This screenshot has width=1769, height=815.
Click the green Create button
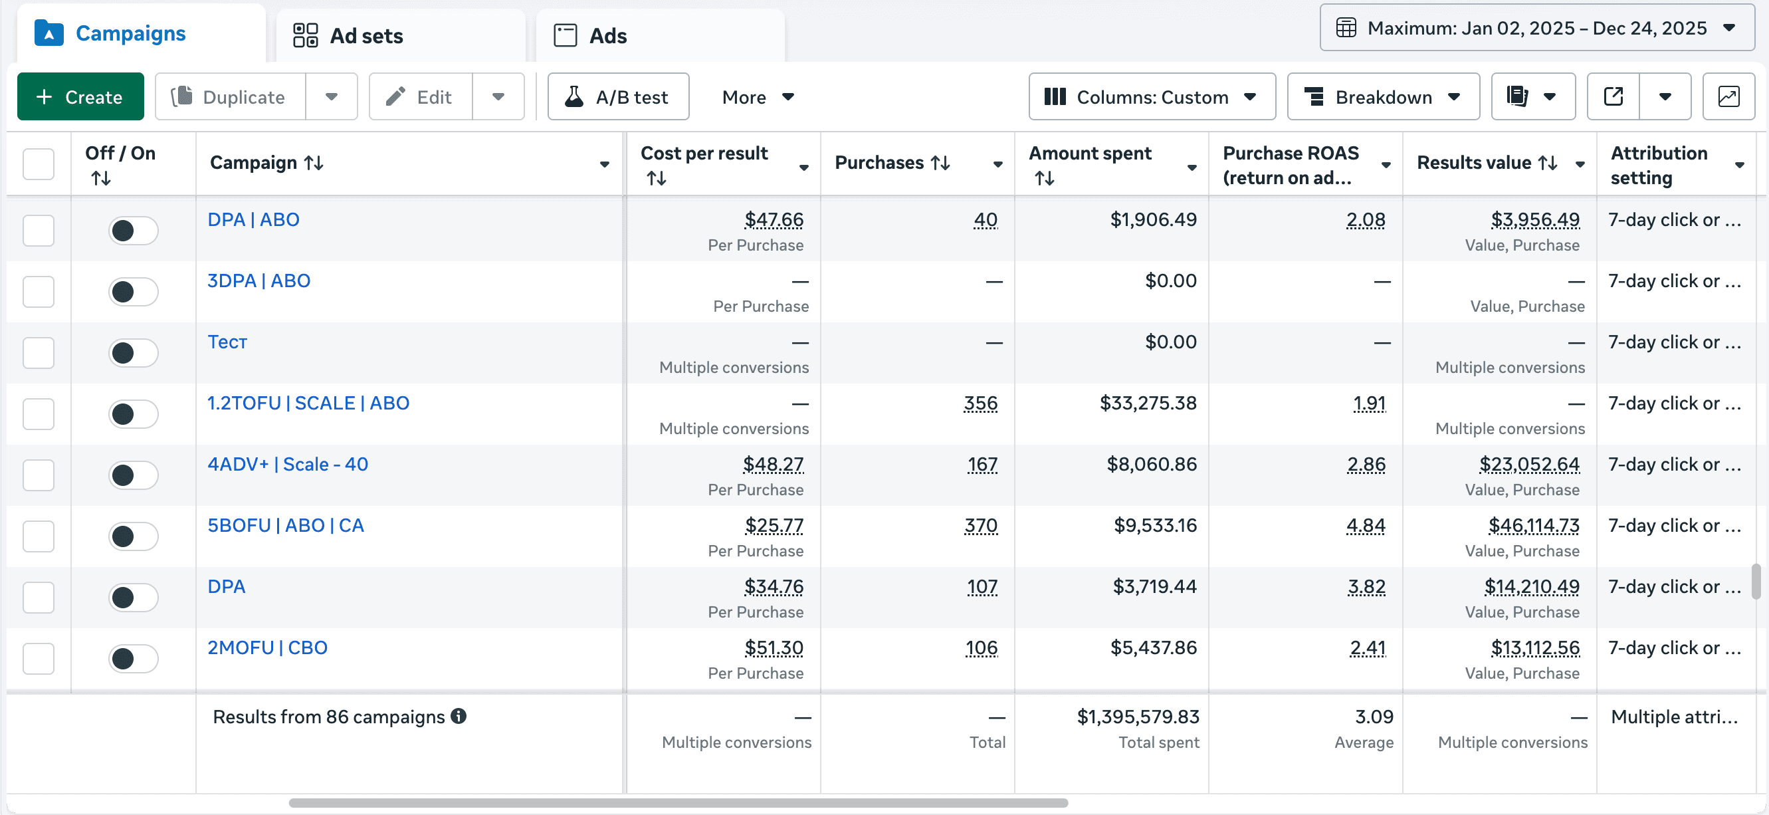point(80,97)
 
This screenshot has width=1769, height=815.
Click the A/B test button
point(617,97)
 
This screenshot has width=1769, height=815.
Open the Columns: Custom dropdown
point(1151,97)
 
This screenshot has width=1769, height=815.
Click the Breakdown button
point(1382,97)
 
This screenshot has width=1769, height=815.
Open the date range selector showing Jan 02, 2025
point(1536,28)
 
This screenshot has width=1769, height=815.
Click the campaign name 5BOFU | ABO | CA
point(286,526)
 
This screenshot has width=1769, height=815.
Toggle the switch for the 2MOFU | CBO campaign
point(133,658)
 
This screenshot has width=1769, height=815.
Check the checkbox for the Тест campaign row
point(39,353)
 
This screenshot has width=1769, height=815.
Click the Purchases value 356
point(980,404)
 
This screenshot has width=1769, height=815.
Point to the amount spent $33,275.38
point(1148,404)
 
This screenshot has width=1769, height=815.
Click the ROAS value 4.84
point(1365,526)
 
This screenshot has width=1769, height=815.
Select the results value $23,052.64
point(1528,465)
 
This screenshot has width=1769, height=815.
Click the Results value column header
point(1474,163)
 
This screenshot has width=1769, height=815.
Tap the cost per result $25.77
point(774,526)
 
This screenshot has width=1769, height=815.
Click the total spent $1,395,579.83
point(1137,717)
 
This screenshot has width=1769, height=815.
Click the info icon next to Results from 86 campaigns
point(459,716)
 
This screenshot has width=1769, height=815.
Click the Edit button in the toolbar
point(420,97)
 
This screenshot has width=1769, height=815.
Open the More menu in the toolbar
point(757,97)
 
